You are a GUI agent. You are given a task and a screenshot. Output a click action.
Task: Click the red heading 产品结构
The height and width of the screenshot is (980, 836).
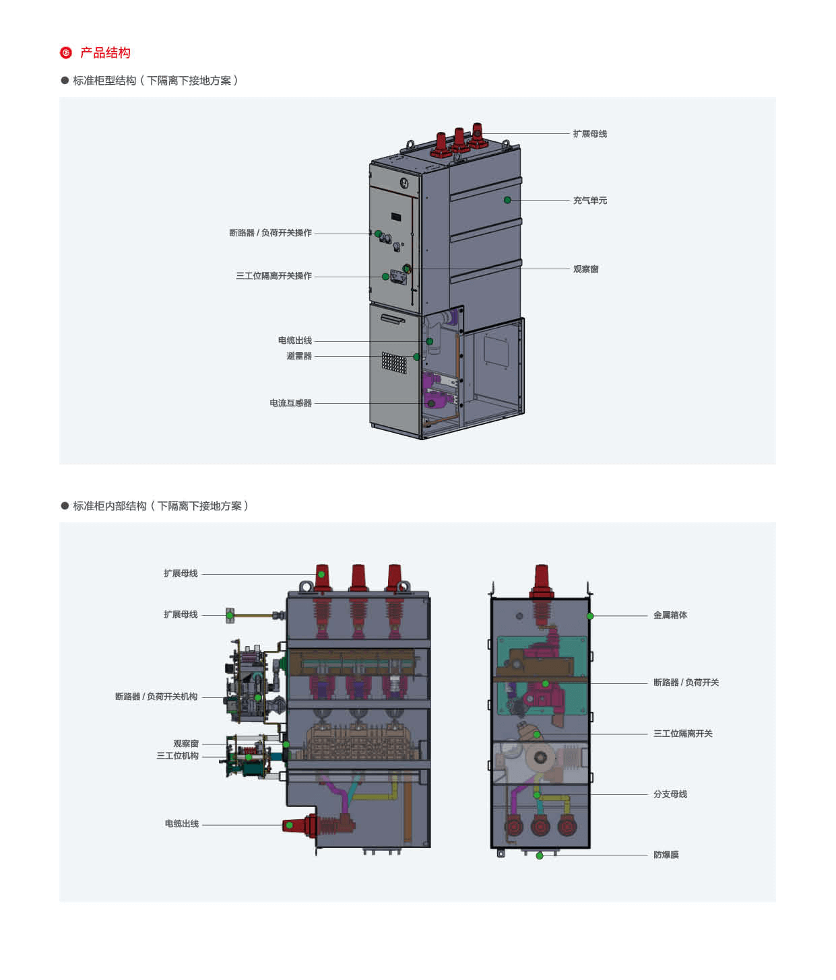(105, 53)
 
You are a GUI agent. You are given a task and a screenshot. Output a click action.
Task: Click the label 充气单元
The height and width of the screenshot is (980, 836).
(589, 201)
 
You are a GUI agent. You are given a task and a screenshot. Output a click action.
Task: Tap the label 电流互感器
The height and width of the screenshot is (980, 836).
(290, 403)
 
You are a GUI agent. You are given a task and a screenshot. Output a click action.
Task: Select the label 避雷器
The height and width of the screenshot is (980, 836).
(298, 356)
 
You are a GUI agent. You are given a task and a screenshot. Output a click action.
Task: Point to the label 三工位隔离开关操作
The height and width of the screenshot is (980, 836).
(274, 276)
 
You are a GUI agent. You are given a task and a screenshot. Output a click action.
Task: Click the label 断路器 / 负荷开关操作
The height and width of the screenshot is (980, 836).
(270, 233)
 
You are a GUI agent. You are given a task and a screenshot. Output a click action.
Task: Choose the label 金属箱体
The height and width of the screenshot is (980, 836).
(670, 615)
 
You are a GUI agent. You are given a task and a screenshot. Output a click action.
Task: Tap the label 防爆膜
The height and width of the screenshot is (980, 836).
(666, 855)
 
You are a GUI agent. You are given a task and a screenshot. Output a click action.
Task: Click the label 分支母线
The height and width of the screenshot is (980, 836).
(670, 794)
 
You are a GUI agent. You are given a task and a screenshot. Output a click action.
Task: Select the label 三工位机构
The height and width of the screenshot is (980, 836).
(177, 756)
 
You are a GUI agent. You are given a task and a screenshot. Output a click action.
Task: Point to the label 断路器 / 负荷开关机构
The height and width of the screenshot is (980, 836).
(156, 697)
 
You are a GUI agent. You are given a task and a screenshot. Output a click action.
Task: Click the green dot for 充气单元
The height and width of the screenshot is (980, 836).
(507, 200)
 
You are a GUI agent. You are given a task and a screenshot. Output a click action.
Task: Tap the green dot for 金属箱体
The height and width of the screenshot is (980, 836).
(590, 616)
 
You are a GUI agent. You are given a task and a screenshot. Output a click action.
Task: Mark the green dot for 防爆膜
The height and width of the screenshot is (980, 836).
(540, 855)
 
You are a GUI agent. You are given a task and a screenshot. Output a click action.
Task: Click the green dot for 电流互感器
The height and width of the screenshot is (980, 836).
(431, 404)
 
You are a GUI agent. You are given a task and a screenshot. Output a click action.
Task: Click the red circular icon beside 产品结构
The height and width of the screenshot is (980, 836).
(66, 53)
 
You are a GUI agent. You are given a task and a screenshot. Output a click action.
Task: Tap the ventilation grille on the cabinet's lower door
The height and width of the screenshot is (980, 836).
(394, 363)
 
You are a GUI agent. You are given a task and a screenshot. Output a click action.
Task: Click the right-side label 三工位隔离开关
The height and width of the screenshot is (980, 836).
(682, 734)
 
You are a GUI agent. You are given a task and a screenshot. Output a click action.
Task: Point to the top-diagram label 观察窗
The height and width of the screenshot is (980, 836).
(585, 269)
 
